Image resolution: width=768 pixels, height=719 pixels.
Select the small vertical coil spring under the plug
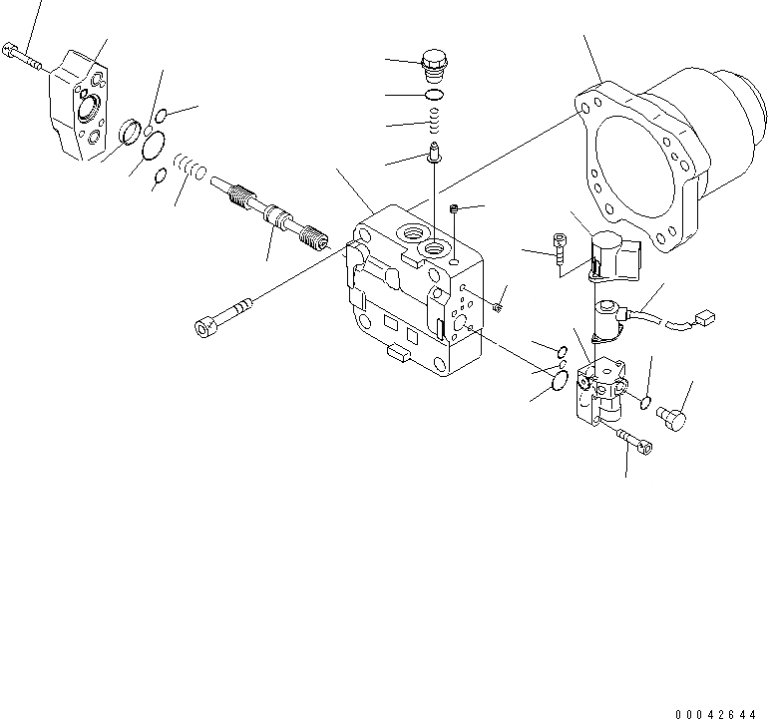tap(436, 123)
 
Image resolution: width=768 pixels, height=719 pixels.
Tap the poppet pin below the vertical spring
tap(436, 154)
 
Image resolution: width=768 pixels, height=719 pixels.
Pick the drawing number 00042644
tap(715, 713)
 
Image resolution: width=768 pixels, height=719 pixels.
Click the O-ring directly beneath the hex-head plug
tap(436, 96)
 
